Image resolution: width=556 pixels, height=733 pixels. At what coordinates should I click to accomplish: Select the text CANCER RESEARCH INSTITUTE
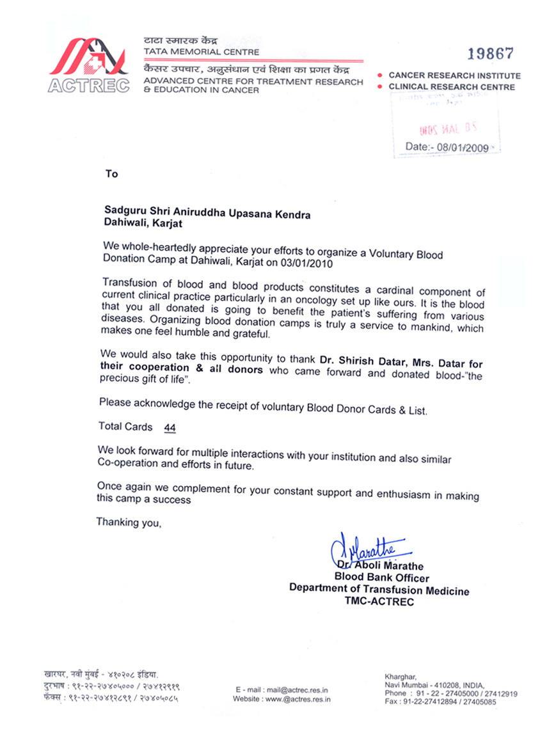pos(454,75)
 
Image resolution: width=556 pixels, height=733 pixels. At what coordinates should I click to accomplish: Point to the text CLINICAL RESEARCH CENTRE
pos(452,87)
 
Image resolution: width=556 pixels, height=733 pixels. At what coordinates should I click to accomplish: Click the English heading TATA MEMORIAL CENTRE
pos(202,52)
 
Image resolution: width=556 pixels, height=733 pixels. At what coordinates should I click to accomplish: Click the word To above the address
pos(112,174)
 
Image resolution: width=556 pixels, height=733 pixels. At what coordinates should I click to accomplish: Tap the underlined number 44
pos(170,427)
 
